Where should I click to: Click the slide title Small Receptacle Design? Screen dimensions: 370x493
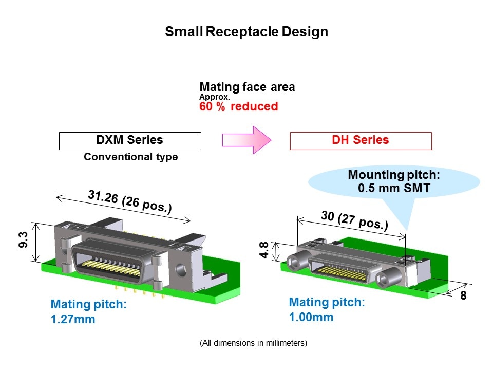click(x=246, y=32)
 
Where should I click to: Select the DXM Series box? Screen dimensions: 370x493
click(x=130, y=140)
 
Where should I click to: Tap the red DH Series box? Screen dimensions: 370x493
click(x=361, y=140)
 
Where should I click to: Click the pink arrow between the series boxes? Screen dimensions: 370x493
click(x=246, y=140)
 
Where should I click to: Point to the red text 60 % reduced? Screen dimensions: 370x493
click(x=238, y=106)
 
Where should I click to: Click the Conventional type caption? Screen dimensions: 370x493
click(x=130, y=157)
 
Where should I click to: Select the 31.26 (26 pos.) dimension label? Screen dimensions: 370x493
click(x=129, y=201)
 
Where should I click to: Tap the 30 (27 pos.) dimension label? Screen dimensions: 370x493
click(x=354, y=220)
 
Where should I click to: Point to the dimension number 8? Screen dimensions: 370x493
click(x=463, y=297)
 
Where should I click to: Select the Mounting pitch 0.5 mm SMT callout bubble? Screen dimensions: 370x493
click(x=394, y=181)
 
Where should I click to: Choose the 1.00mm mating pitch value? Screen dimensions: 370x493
click(x=311, y=317)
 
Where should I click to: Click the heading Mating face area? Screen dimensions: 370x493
click(x=247, y=87)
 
